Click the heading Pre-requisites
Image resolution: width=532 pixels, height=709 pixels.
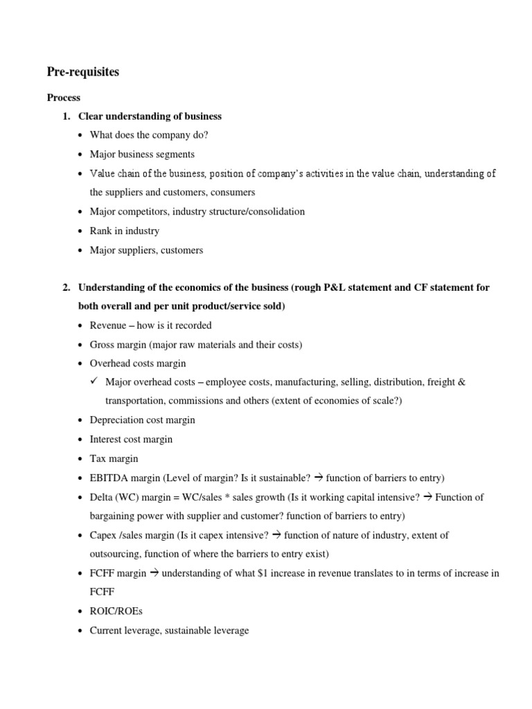82,72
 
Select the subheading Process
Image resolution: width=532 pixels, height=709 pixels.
63,98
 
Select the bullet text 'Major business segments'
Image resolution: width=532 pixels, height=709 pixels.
142,154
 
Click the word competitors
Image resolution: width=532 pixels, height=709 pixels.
141,212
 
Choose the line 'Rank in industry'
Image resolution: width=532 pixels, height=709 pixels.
125,231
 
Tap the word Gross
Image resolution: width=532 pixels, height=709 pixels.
103,344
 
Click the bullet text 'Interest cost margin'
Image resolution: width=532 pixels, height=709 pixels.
131,439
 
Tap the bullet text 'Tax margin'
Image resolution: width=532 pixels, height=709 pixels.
114,458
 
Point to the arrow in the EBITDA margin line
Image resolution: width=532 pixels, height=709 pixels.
319,478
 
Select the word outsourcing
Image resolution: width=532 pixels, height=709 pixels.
116,554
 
